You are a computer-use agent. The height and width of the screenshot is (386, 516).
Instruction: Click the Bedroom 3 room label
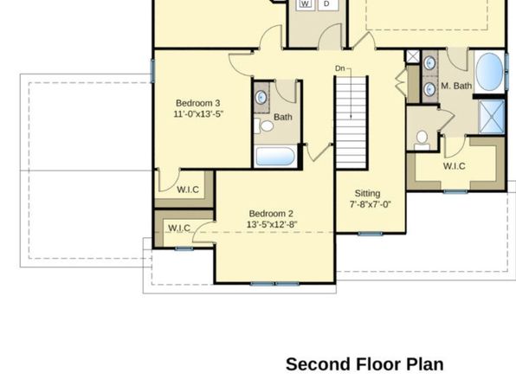click(197, 103)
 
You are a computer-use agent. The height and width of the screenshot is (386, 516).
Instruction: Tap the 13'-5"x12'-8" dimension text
click(272, 224)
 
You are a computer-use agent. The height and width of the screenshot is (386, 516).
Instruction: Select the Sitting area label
click(367, 194)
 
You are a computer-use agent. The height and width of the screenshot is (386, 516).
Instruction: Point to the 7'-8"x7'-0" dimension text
click(370, 204)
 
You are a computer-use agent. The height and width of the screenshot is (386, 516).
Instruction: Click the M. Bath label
click(456, 86)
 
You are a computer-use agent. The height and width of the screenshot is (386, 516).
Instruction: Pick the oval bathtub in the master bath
click(490, 72)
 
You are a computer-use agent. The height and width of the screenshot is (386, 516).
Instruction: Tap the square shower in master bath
click(492, 117)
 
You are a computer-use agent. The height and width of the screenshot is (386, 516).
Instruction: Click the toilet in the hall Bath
click(264, 125)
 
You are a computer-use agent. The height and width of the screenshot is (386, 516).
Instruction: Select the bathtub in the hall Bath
click(275, 157)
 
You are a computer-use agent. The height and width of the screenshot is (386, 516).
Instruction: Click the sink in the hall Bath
click(261, 98)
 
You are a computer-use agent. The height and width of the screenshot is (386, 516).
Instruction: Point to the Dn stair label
click(340, 68)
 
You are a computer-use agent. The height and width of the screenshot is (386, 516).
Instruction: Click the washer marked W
click(306, 4)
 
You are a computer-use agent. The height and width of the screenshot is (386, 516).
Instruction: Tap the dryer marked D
click(326, 4)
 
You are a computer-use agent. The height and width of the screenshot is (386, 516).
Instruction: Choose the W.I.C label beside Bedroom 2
click(179, 228)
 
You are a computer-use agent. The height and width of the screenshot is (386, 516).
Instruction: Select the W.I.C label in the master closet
click(455, 166)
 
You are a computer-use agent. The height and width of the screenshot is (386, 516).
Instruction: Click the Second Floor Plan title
click(364, 364)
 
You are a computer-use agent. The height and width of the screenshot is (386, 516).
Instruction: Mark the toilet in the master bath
click(422, 140)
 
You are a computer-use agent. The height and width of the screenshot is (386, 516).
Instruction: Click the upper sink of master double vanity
click(429, 63)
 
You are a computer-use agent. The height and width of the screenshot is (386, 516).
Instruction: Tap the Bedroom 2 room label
click(271, 214)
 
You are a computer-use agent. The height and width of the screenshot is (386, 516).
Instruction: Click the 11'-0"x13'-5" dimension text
click(198, 114)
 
